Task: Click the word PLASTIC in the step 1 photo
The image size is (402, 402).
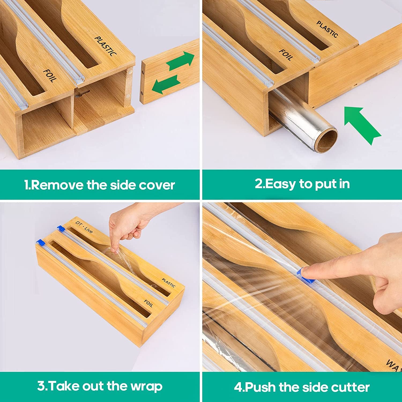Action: (x=106, y=46)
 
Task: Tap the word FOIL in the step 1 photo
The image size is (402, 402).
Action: (x=50, y=75)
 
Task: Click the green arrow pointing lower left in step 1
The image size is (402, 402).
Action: (x=166, y=84)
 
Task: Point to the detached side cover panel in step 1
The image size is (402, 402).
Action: (x=170, y=71)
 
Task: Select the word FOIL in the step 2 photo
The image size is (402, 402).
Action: (x=286, y=55)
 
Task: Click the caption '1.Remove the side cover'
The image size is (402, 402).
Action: (x=99, y=185)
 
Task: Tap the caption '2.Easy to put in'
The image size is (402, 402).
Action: (x=302, y=184)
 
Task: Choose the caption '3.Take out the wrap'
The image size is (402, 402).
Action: (x=100, y=386)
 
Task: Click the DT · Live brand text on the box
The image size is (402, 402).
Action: (x=84, y=227)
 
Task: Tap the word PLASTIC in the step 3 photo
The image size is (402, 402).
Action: (x=169, y=283)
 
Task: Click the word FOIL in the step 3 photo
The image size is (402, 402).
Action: (x=148, y=303)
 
